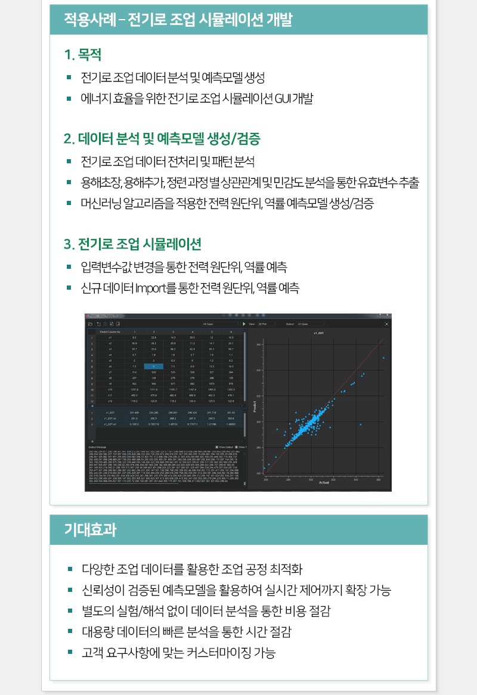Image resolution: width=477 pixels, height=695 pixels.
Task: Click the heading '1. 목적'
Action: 83,55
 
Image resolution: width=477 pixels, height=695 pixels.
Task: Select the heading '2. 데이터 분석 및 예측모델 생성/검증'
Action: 162,139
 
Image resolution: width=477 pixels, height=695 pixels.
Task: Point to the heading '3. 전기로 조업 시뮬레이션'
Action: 132,244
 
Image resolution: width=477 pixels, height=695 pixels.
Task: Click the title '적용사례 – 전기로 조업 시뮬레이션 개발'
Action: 178,20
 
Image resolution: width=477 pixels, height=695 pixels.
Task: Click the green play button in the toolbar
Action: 244,324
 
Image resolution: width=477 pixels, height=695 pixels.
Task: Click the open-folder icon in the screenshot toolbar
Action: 90,324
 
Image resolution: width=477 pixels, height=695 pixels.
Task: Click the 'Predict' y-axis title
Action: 255,409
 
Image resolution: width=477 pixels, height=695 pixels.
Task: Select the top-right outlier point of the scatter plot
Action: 383,358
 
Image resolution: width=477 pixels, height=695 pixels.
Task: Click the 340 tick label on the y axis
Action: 259,370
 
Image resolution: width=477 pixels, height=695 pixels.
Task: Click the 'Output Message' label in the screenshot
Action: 97,446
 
